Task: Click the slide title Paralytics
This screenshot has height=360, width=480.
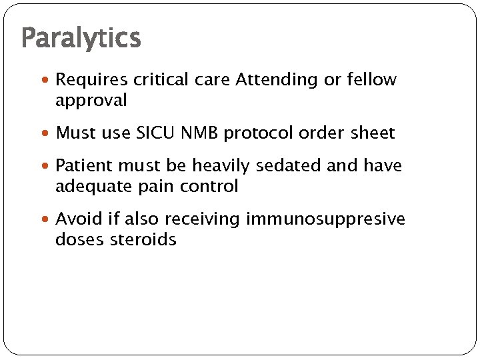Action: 81,38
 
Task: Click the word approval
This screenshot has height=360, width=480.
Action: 91,101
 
